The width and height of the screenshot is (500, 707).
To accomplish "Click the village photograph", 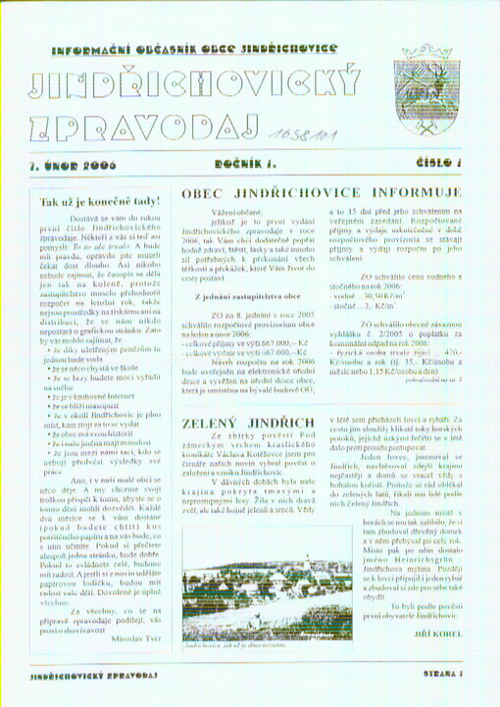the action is [252, 582].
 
